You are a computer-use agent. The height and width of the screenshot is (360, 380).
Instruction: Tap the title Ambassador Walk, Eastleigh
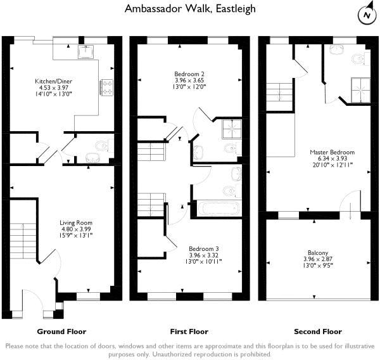[190, 9]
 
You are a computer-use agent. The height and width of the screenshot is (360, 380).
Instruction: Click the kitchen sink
[85, 52]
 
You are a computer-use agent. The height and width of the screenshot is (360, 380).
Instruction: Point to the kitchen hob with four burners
[106, 87]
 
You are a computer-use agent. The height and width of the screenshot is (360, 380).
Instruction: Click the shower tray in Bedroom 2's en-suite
[232, 129]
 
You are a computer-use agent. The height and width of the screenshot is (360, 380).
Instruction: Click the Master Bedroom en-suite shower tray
[360, 90]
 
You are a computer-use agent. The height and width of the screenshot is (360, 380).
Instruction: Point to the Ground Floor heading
[61, 331]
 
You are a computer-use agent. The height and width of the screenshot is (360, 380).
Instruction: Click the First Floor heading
[189, 331]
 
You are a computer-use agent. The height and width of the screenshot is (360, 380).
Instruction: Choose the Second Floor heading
[318, 331]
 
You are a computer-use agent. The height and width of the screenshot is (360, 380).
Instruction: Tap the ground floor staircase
[23, 241]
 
